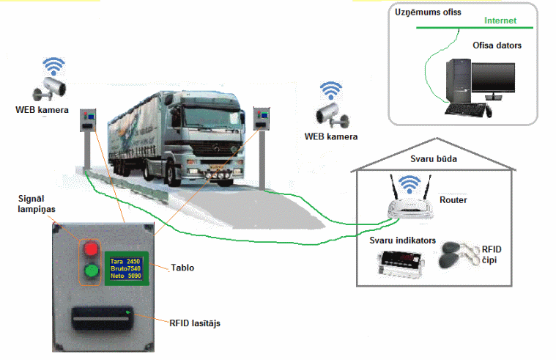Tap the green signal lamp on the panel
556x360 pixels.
tap(92, 272)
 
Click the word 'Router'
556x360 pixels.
tap(453, 199)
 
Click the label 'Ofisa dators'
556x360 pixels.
tap(497, 45)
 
